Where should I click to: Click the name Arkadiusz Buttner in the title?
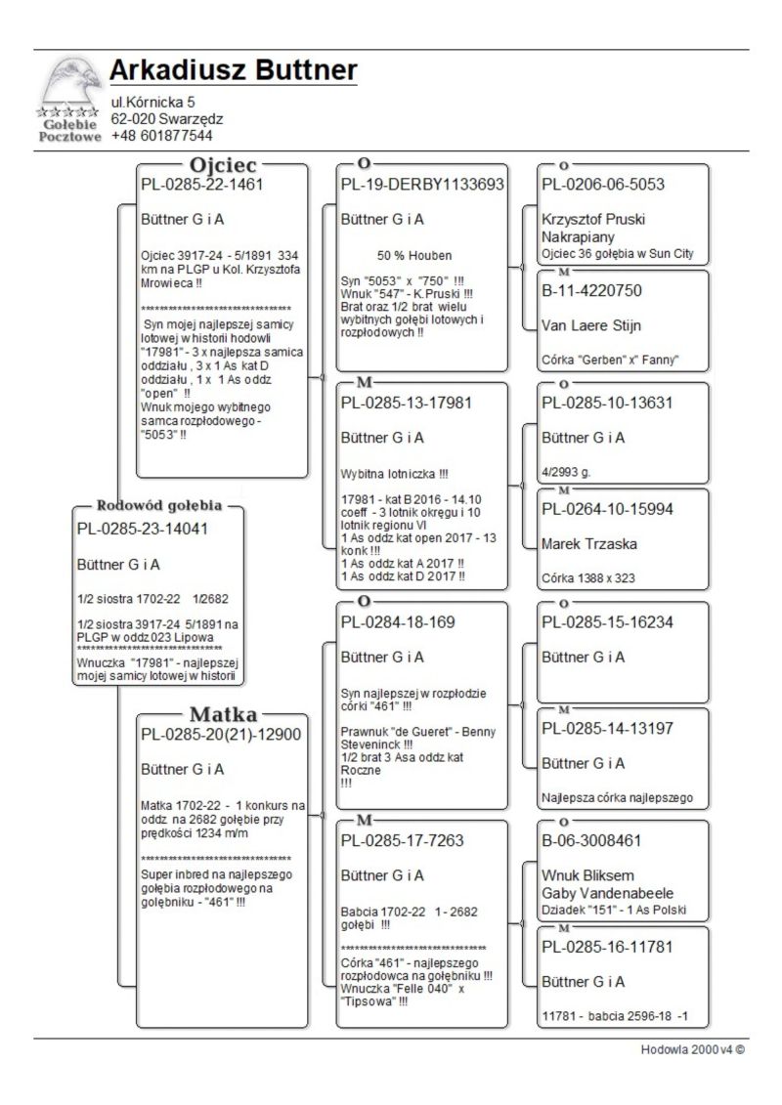(x=233, y=70)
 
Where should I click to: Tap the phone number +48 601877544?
(x=161, y=136)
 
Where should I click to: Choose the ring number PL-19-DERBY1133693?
(x=422, y=184)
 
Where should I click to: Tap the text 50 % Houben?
(x=414, y=255)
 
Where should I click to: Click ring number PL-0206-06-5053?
(x=603, y=184)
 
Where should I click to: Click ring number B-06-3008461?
(x=592, y=839)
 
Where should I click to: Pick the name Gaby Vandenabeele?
(x=607, y=893)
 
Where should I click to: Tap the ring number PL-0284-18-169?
(x=399, y=621)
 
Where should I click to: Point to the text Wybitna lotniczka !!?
(x=395, y=474)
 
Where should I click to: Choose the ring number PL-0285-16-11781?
(x=607, y=946)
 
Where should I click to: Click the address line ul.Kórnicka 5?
(x=153, y=102)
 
